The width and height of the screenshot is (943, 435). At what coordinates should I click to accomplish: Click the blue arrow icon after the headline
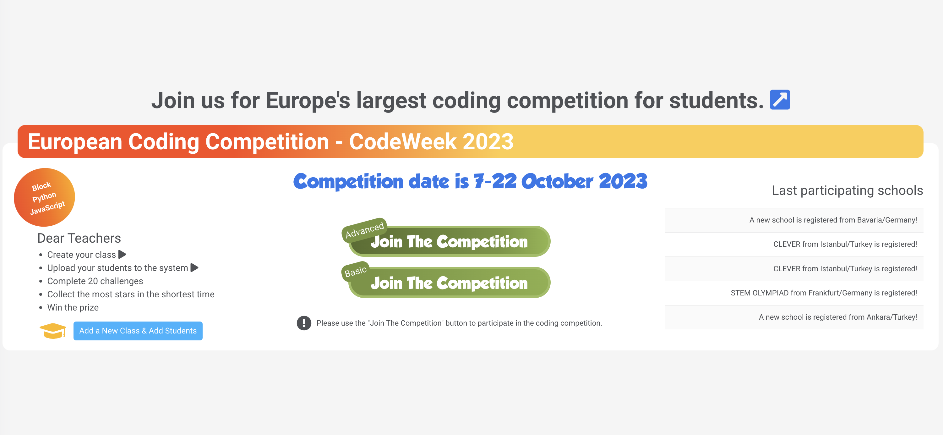(x=780, y=100)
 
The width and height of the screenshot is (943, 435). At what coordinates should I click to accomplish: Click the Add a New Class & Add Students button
(x=138, y=331)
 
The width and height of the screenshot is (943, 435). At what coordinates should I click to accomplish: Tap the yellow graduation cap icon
(x=53, y=331)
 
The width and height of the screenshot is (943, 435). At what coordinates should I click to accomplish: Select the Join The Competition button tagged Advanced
(x=450, y=241)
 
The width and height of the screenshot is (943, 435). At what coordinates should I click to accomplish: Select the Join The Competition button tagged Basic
(x=450, y=283)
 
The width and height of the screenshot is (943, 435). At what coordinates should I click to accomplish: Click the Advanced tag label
(x=364, y=229)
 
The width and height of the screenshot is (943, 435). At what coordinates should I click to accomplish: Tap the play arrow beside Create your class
(x=122, y=255)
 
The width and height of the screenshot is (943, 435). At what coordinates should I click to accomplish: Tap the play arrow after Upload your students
(x=194, y=268)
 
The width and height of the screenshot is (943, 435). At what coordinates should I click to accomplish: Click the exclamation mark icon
(x=304, y=323)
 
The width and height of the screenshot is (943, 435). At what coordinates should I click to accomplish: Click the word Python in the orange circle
(x=44, y=197)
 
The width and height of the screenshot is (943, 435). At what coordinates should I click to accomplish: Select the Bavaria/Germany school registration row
(x=794, y=220)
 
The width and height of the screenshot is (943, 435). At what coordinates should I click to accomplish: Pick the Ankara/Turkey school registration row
(x=794, y=317)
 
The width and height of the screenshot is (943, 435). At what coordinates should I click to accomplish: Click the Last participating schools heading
(x=847, y=190)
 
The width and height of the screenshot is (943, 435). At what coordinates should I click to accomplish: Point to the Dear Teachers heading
(x=79, y=238)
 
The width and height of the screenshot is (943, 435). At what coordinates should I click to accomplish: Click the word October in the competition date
(x=557, y=181)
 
